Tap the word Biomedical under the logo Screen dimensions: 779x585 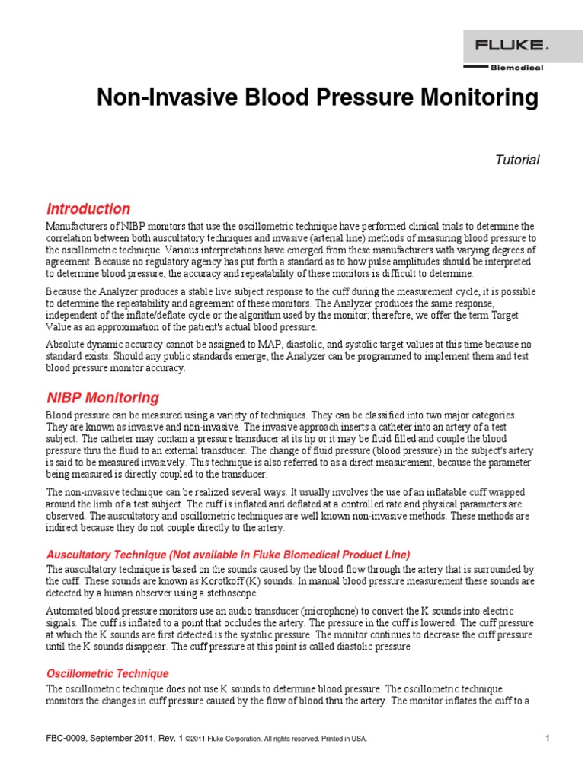(x=516, y=68)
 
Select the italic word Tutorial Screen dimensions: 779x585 (x=517, y=160)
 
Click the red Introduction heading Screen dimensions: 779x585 (x=88, y=208)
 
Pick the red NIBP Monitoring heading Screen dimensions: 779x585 (x=103, y=397)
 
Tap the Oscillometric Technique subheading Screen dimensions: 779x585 (x=107, y=674)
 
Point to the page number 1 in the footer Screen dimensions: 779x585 (x=547, y=738)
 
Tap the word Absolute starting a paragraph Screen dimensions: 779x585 (x=66, y=344)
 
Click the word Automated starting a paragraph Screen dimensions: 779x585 (x=71, y=612)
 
